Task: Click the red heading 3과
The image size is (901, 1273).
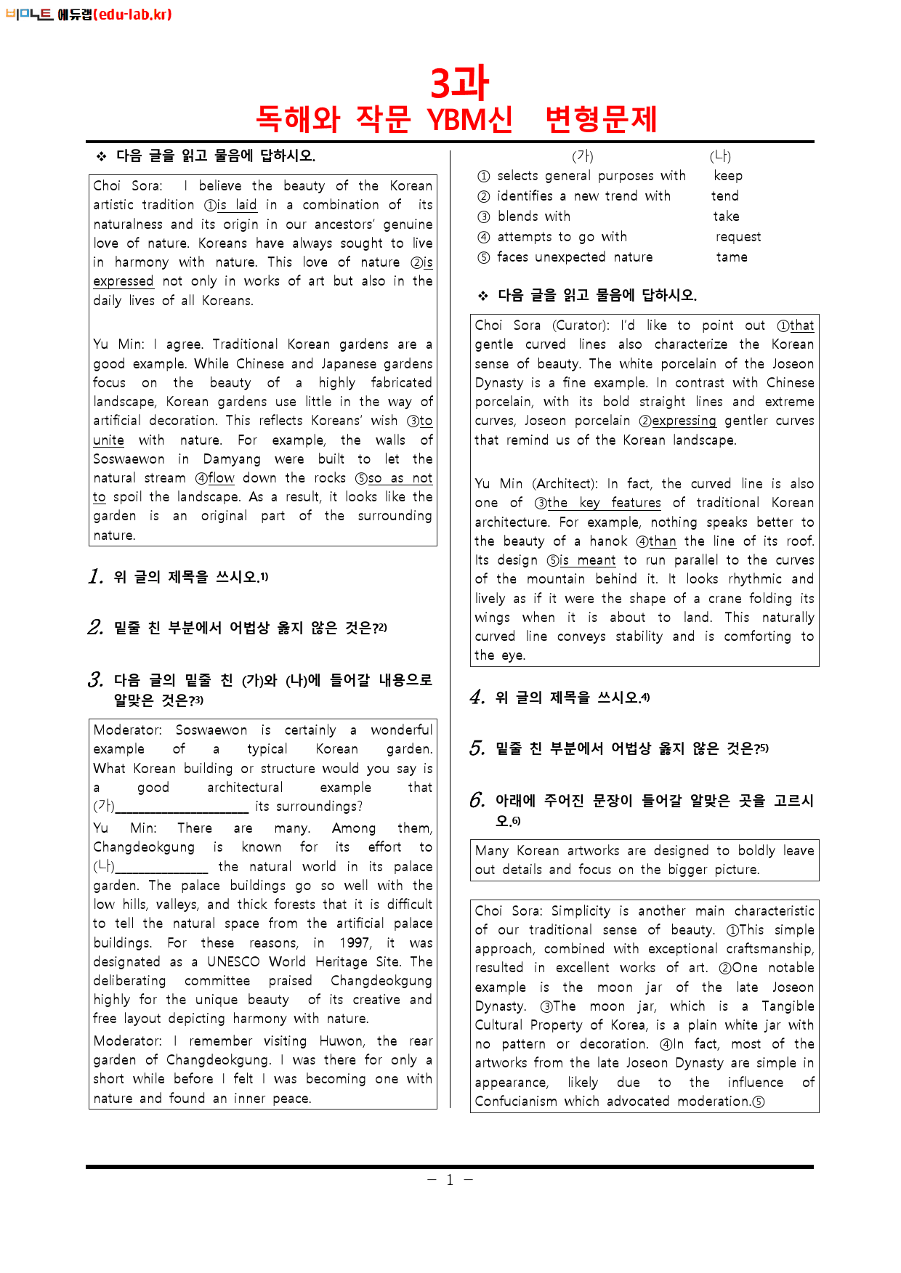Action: [x=459, y=83]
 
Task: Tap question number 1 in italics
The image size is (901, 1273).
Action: [x=95, y=577]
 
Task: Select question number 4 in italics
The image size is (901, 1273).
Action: [x=477, y=698]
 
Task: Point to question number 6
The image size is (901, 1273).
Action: [x=477, y=801]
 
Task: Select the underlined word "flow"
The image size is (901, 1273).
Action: [x=221, y=478]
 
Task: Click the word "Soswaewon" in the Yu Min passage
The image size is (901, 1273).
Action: [x=129, y=459]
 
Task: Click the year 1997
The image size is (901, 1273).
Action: [x=355, y=943]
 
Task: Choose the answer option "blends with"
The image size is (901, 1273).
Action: [x=534, y=217]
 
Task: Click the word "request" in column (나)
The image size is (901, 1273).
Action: [x=738, y=237]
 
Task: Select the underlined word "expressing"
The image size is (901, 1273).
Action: [x=683, y=421]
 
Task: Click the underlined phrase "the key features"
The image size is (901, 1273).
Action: [x=604, y=503]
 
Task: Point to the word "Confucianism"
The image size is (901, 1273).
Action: [x=516, y=1102]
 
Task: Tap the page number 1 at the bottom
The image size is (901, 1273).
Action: [x=450, y=1181]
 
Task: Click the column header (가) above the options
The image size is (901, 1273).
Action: [x=583, y=156]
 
